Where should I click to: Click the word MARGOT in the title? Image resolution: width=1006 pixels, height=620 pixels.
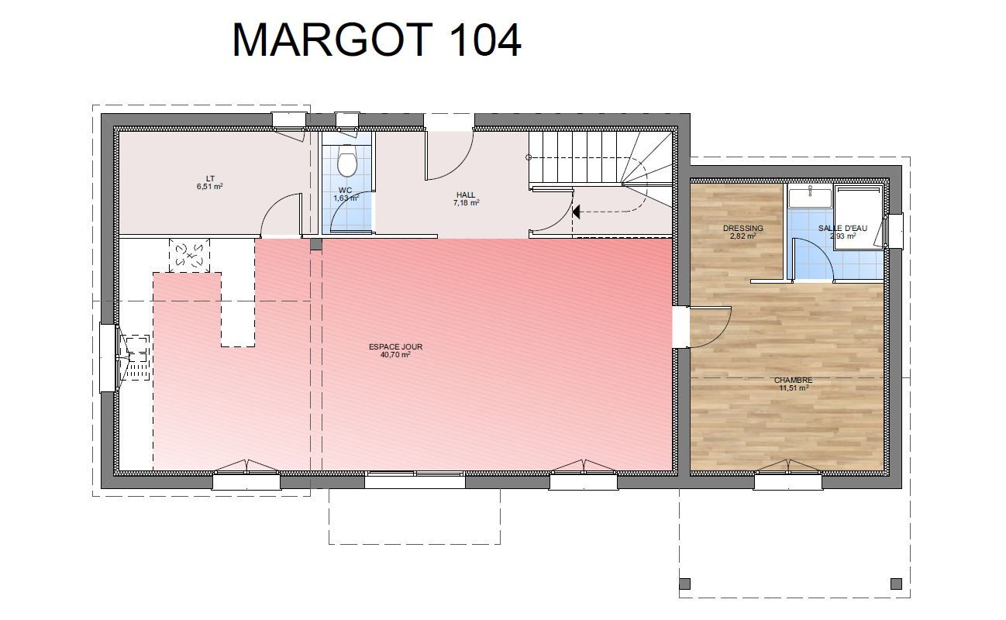pyautogui.click(x=332, y=40)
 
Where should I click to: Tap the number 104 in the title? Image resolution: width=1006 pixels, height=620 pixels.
pyautogui.click(x=485, y=40)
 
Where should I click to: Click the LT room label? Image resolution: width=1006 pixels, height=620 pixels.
pyautogui.click(x=210, y=179)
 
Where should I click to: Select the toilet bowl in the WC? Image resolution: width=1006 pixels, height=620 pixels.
pyautogui.click(x=346, y=162)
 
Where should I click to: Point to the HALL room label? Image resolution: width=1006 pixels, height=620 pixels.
pyautogui.click(x=466, y=195)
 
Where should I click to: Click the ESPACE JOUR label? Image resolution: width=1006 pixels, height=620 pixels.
pyautogui.click(x=395, y=347)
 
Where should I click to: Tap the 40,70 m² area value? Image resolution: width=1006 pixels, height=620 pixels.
pyautogui.click(x=395, y=355)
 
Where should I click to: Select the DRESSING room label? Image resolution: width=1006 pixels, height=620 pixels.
pyautogui.click(x=742, y=228)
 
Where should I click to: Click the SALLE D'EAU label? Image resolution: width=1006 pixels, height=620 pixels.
pyautogui.click(x=842, y=228)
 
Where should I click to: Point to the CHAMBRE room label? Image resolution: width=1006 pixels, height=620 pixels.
pyautogui.click(x=793, y=381)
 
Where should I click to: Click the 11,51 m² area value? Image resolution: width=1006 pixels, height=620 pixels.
pyautogui.click(x=794, y=388)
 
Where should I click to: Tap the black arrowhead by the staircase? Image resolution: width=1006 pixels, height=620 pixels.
pyautogui.click(x=576, y=212)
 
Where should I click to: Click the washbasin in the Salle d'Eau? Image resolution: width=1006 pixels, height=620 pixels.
pyautogui.click(x=810, y=197)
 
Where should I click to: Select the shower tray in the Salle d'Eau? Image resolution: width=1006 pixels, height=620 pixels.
pyautogui.click(x=859, y=216)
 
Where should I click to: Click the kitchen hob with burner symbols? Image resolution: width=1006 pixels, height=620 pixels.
pyautogui.click(x=189, y=255)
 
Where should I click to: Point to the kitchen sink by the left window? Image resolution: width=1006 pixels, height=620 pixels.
pyautogui.click(x=138, y=358)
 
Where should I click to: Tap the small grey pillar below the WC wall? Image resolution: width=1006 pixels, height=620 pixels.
pyautogui.click(x=316, y=244)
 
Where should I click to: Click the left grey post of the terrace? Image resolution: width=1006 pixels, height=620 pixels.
pyautogui.click(x=684, y=584)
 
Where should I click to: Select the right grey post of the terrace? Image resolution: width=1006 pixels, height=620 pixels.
pyautogui.click(x=897, y=584)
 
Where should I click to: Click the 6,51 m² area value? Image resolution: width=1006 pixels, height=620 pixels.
pyautogui.click(x=210, y=186)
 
